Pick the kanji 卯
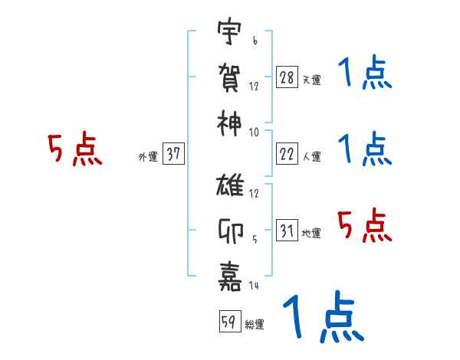pos(229,230)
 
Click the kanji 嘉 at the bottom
pos(229,273)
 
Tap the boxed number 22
pos(287,153)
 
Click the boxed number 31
pos(287,230)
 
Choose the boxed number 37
pos(174,153)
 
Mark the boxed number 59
pos(228,322)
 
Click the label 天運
pos(311,80)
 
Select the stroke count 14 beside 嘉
pos(254,286)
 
